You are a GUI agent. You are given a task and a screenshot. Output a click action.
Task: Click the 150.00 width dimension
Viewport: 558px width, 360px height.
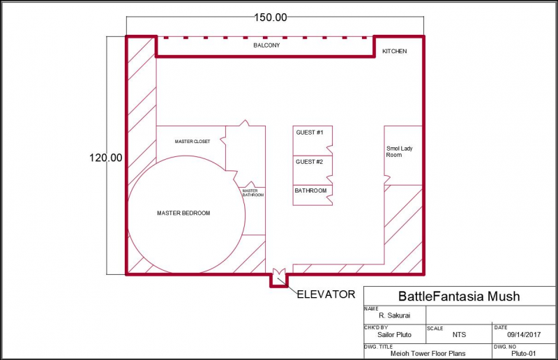click(x=271, y=17)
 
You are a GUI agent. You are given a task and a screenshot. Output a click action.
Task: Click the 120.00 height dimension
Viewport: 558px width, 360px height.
click(x=106, y=158)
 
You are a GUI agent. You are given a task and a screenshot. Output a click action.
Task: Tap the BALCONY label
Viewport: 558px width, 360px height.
click(x=266, y=45)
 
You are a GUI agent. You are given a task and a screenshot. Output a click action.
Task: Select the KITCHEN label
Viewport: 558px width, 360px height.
click(x=394, y=51)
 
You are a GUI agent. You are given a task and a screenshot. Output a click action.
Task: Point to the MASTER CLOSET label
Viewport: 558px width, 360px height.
click(x=193, y=142)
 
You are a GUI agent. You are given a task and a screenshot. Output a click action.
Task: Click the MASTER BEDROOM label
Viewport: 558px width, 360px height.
click(x=183, y=213)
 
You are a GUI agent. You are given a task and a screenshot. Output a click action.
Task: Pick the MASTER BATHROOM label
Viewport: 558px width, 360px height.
click(x=253, y=193)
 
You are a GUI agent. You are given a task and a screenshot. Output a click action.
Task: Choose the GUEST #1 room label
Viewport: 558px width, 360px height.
click(x=310, y=133)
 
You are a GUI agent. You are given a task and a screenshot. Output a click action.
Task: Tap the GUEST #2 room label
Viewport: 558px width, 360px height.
click(x=309, y=162)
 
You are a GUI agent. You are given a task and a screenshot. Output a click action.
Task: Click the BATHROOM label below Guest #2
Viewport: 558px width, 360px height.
click(x=310, y=191)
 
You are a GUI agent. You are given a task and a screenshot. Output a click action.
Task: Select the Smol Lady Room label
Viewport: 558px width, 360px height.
click(x=399, y=151)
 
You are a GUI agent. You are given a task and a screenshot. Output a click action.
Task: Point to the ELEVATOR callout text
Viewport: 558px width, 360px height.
click(x=326, y=294)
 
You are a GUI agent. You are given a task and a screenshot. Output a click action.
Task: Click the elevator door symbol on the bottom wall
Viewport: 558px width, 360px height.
click(x=278, y=275)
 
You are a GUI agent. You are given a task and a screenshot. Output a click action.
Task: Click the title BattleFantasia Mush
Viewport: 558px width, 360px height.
click(x=459, y=297)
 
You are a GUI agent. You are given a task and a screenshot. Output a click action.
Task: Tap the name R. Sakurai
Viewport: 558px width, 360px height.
click(x=394, y=315)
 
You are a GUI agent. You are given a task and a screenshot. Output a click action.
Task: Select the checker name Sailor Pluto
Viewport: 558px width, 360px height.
click(x=394, y=335)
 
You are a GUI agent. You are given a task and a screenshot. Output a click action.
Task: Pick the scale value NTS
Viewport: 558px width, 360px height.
click(x=459, y=335)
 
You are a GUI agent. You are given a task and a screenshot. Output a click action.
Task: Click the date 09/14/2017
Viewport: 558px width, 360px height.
click(x=524, y=335)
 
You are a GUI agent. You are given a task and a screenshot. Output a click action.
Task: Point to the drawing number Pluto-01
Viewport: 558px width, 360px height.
click(x=524, y=354)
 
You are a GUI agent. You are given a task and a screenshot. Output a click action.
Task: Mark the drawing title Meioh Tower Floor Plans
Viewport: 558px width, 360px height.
click(x=428, y=354)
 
